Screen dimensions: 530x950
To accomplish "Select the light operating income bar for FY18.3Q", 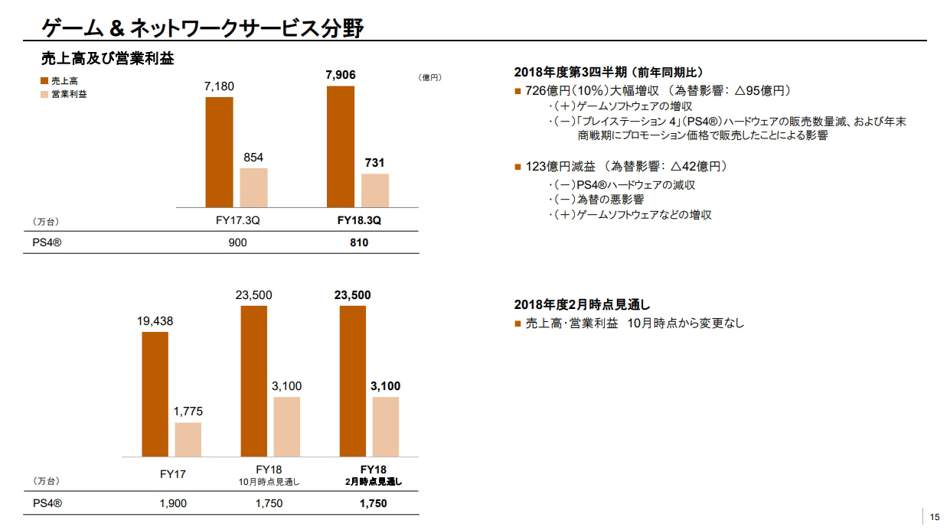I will tap(375, 190).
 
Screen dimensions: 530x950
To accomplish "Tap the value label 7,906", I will tap(341, 75).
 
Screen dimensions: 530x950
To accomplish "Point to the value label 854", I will tap(253, 157).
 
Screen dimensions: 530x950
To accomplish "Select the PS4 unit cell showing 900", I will tap(237, 242).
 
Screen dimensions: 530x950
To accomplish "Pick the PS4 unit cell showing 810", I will tap(358, 242).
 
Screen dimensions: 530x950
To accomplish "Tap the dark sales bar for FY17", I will tap(155, 394).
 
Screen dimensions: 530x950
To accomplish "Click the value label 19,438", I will tap(155, 321).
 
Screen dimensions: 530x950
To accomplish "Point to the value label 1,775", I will tap(188, 411).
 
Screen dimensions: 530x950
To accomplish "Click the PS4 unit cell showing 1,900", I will tap(172, 503).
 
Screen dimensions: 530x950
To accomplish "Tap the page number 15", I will tap(935, 515).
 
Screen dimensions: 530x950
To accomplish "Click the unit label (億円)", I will tap(430, 77).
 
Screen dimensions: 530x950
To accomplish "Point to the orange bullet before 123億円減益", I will tap(518, 167).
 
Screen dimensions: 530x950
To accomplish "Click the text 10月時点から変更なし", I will tap(684, 324).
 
